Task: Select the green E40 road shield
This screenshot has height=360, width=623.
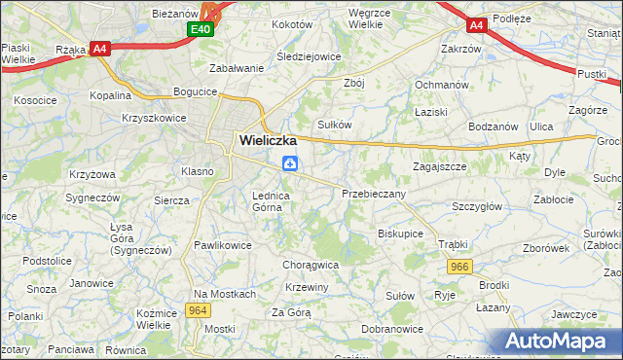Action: tap(201, 30)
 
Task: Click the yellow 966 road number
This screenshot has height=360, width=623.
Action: tap(460, 266)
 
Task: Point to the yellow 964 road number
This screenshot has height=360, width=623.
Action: tap(198, 310)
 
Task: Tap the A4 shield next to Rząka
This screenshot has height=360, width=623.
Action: tap(99, 48)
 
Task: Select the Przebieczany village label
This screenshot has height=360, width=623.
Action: tap(374, 194)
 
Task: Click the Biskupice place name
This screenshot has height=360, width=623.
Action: tap(400, 234)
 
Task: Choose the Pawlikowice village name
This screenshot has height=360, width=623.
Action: tap(223, 245)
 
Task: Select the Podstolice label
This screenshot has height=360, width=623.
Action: tap(49, 261)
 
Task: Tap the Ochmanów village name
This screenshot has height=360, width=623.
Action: tap(444, 84)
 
